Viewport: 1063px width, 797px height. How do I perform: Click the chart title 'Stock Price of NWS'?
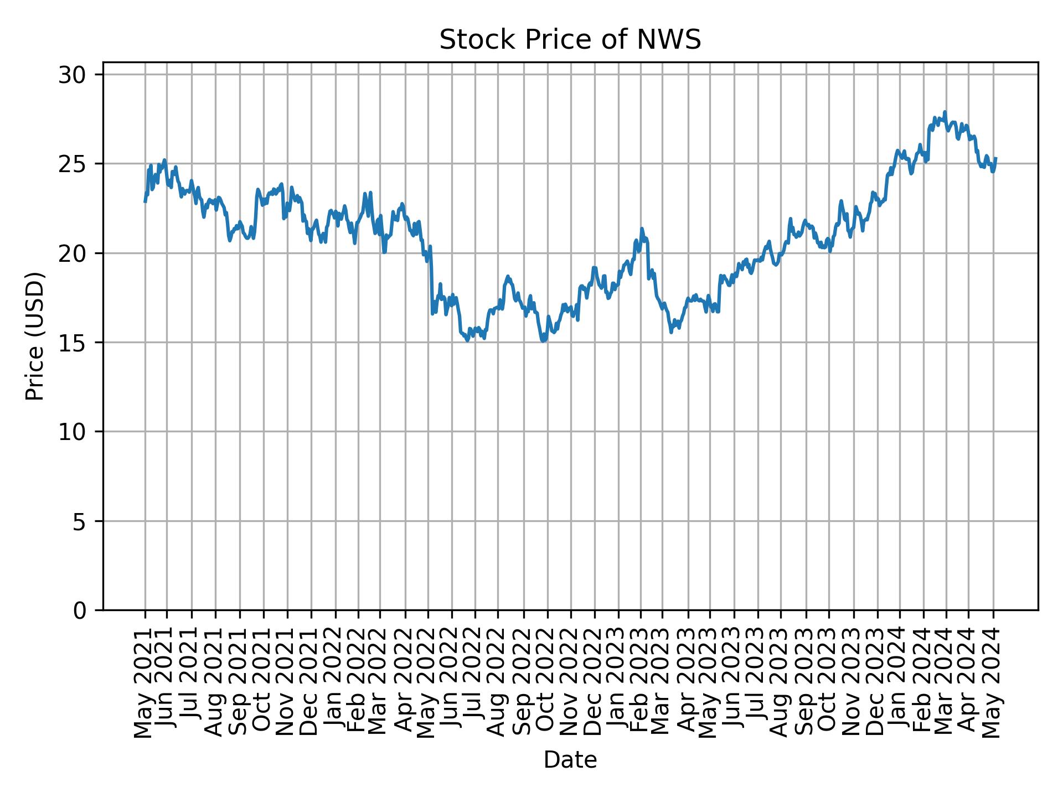(570, 40)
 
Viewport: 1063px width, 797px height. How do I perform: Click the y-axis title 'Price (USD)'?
(35, 336)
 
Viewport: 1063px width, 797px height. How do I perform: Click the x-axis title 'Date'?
(570, 760)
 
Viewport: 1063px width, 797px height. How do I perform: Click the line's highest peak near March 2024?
(945, 112)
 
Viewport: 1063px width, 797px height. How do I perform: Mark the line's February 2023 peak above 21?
(642, 229)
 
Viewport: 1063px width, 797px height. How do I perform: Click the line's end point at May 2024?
(995, 158)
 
